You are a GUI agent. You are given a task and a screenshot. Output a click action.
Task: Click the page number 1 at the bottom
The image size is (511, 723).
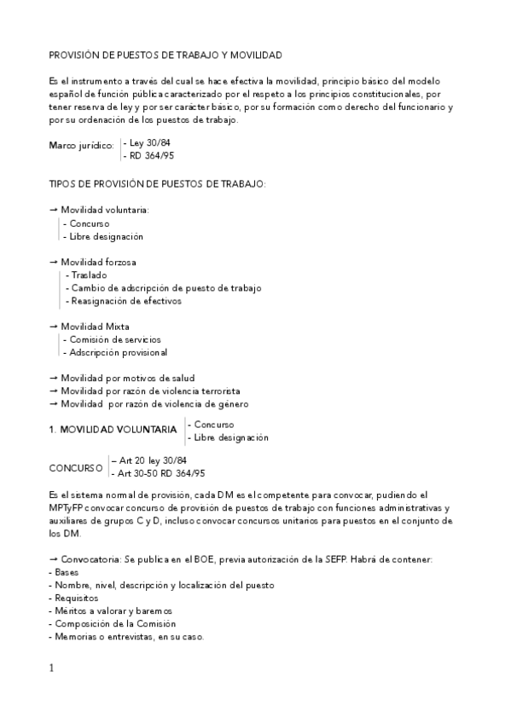51,668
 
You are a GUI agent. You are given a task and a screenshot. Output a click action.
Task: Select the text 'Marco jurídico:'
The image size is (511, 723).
81,147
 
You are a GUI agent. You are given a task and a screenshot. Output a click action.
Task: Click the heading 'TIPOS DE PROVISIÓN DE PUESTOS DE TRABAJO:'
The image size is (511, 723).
158,184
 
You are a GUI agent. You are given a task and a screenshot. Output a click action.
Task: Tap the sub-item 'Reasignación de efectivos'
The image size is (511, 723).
126,301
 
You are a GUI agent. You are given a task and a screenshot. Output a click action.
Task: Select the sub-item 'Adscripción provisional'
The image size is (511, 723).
118,352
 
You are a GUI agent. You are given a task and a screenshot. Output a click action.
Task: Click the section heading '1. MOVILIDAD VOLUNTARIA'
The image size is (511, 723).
113,431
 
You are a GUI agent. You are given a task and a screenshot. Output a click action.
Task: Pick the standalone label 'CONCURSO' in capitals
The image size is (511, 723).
75,468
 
